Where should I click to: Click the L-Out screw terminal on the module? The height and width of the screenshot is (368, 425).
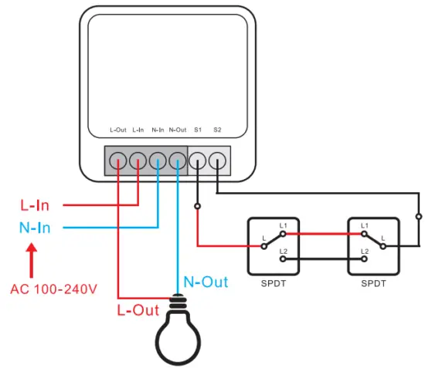click(x=117, y=160)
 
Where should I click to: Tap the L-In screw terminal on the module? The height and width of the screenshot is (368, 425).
click(x=138, y=160)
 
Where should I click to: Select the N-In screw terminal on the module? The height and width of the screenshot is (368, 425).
click(x=158, y=160)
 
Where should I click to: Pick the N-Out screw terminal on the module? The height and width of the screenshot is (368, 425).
click(x=178, y=160)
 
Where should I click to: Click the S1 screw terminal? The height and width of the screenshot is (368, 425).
click(x=198, y=160)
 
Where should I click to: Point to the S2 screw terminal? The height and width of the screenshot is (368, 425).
click(x=218, y=160)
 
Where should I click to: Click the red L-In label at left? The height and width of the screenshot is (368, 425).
click(x=35, y=205)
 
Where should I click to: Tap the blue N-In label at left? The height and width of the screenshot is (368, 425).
click(x=35, y=228)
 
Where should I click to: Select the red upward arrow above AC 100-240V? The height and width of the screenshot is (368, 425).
click(x=32, y=261)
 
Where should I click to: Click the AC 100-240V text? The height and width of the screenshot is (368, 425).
click(x=53, y=290)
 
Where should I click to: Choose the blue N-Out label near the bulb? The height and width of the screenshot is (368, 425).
click(x=205, y=282)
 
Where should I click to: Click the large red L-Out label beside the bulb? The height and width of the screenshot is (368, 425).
click(x=138, y=310)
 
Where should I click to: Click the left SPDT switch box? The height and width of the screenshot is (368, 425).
click(x=274, y=246)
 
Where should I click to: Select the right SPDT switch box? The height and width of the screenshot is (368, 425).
click(x=373, y=246)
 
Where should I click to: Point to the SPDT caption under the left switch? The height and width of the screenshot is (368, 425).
click(x=274, y=284)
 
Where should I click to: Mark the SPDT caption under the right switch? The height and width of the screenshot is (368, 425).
click(x=373, y=284)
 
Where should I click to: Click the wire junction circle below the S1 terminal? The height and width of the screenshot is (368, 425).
click(x=198, y=207)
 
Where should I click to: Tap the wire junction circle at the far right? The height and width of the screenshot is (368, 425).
click(x=419, y=216)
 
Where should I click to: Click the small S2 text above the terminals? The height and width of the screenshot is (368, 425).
click(x=217, y=130)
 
